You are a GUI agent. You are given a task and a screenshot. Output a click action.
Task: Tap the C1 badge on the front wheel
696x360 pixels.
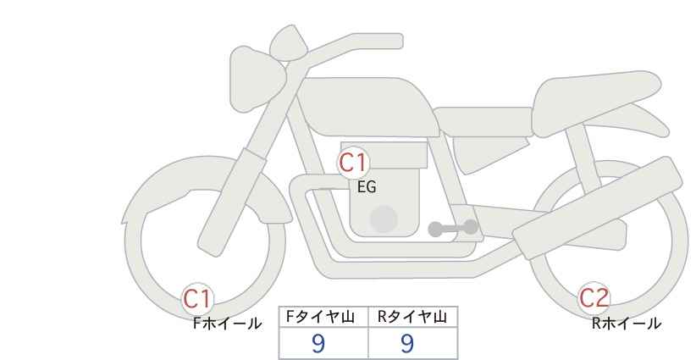point(198,298)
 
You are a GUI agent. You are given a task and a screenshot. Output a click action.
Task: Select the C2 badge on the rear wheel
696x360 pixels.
point(594,298)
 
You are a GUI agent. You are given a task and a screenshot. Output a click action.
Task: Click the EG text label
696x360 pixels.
point(367,187)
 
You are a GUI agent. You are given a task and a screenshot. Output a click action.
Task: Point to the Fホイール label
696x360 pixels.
point(227,323)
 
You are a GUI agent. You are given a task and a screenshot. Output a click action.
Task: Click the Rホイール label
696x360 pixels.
point(626,323)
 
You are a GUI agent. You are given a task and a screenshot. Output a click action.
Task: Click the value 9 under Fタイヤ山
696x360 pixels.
point(318,343)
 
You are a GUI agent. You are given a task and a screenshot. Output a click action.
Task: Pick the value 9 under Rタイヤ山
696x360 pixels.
point(407,343)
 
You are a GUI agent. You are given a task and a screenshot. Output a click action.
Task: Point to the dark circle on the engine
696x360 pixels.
point(384,219)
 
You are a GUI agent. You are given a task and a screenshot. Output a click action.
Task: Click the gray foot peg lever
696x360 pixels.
point(453,228)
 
